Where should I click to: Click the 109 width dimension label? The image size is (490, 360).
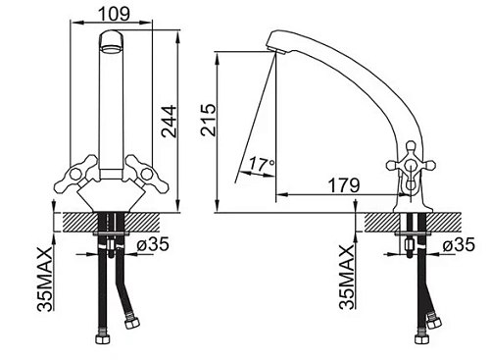tap(114, 14)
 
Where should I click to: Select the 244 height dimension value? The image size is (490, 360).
tap(170, 121)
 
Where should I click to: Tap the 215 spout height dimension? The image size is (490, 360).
tap(209, 120)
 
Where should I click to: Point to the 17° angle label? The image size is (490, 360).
tap(262, 164)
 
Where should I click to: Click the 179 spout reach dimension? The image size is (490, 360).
tap(344, 185)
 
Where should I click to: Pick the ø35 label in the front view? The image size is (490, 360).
tap(153, 244)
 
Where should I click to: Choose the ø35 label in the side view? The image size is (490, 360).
tap(459, 244)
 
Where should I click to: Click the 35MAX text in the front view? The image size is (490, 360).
tap(45, 279)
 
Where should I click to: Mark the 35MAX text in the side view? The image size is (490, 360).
tap(347, 278)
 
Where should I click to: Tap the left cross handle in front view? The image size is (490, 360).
tap(75, 174)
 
